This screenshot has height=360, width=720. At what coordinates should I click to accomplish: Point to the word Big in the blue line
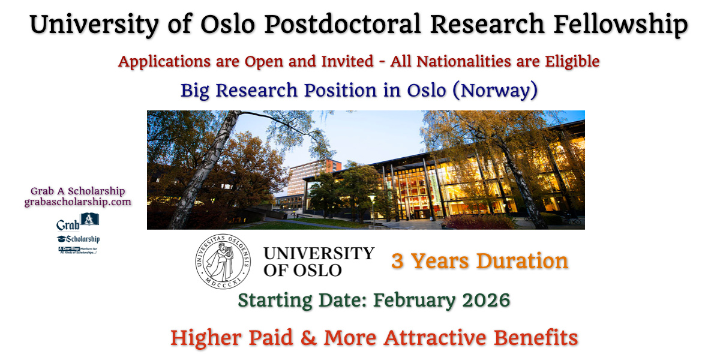(196, 90)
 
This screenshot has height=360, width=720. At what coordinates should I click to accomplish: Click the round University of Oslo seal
(222, 259)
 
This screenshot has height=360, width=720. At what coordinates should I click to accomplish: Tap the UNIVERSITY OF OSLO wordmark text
(319, 261)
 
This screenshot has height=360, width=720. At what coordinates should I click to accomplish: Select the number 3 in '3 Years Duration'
(397, 261)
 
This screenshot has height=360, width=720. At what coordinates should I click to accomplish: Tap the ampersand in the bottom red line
(308, 338)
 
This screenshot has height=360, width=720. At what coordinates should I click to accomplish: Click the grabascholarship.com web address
(77, 202)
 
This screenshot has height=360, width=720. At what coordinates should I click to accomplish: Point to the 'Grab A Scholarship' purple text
(78, 191)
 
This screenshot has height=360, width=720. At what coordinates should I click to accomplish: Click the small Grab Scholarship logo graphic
(78, 233)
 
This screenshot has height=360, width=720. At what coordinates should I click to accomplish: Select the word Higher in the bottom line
(206, 338)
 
